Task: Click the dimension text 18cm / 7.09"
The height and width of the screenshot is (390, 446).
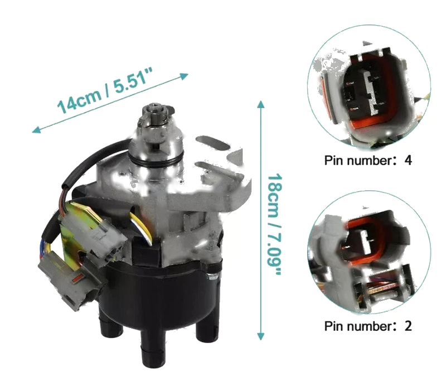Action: tap(274, 224)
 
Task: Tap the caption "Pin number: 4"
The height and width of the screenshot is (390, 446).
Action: tap(368, 160)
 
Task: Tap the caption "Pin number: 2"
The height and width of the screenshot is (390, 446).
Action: tap(368, 326)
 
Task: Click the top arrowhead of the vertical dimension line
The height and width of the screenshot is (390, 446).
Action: tap(261, 104)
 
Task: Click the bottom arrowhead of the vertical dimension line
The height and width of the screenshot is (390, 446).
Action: tap(261, 336)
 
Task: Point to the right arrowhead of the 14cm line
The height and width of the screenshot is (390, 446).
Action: tap(184, 76)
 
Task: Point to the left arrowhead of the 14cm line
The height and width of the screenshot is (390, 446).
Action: tap(37, 130)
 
